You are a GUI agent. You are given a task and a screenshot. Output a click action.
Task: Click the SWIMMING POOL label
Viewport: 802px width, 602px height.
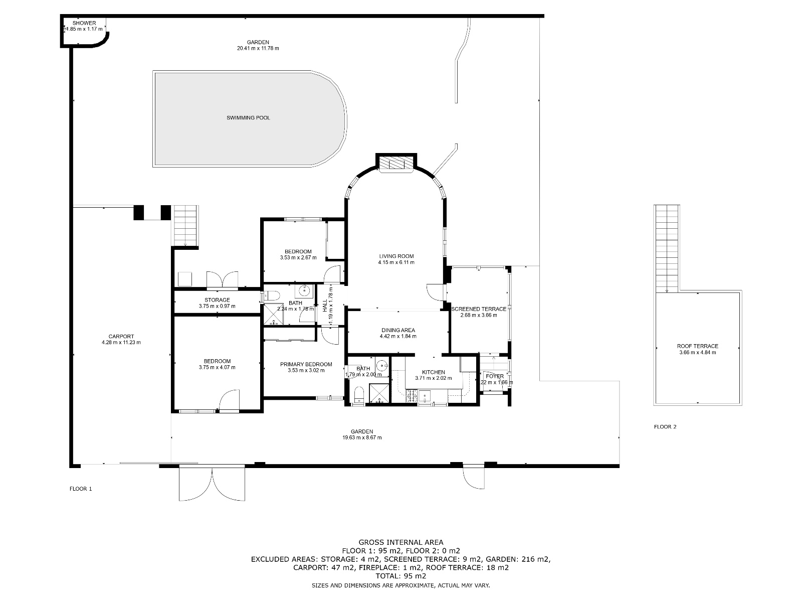point(248,118)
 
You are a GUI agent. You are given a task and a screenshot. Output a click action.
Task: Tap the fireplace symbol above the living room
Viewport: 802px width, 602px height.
point(396,163)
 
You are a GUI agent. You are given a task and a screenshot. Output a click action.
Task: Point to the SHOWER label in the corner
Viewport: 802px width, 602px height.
point(84,23)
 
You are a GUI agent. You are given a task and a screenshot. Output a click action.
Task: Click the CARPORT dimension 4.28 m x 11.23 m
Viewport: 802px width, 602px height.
point(121,343)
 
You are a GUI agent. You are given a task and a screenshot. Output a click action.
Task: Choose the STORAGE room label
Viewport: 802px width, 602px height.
point(217,300)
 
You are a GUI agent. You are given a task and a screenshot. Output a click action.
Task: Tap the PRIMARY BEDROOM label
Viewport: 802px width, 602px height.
point(306,364)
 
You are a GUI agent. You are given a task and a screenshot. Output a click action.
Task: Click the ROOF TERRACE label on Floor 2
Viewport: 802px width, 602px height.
point(697,346)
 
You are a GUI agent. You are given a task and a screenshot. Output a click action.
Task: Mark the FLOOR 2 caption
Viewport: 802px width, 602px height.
point(665,427)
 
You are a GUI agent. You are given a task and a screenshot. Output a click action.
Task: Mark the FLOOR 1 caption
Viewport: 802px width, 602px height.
point(80,488)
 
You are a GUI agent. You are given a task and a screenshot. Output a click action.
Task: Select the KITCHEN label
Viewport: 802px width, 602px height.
point(433,372)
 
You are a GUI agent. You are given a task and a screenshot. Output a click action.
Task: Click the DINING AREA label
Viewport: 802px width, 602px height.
point(397,330)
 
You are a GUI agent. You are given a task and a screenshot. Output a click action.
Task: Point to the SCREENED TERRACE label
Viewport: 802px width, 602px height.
point(479,309)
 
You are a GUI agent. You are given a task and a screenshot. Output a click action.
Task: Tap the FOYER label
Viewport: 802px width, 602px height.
point(494,376)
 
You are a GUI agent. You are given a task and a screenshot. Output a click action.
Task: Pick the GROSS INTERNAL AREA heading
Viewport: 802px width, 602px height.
point(400,542)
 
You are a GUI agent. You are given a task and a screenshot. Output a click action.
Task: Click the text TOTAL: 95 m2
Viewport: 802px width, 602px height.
point(400,576)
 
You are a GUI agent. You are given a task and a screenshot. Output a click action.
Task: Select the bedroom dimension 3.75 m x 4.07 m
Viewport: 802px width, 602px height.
point(217,367)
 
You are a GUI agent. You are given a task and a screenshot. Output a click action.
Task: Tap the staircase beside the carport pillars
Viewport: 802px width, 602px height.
point(185,226)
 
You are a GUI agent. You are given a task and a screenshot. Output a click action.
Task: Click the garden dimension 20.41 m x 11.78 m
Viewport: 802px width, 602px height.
point(258,49)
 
